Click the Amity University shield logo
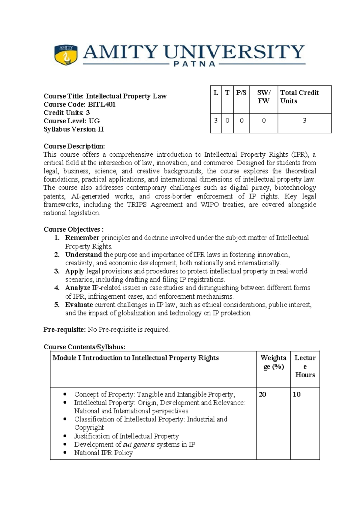[66, 55]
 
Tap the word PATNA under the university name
[195, 64]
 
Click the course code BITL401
[101, 104]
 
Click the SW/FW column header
[263, 97]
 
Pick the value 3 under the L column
[216, 121]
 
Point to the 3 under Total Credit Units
[304, 121]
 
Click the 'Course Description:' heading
[74, 146]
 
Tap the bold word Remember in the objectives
[82, 238]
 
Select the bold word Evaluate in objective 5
[79, 305]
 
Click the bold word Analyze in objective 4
[78, 288]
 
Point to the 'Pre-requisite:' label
[64, 330]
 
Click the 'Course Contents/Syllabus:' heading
[84, 347]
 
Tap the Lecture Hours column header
[305, 366]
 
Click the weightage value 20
[262, 394]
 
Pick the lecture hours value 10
[296, 394]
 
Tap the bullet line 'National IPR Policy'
[103, 453]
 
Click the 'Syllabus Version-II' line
[73, 129]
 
